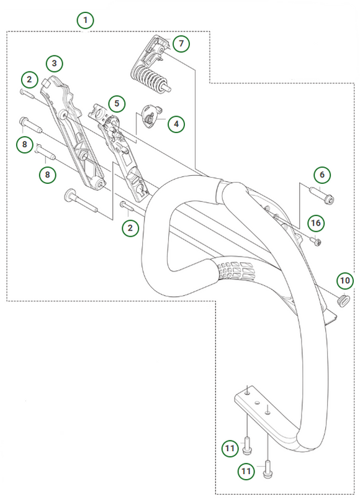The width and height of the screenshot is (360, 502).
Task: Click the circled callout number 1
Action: [86, 20]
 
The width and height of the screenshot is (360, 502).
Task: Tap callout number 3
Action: [55, 63]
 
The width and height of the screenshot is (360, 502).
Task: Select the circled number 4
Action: [176, 124]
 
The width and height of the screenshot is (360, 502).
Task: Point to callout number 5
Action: [116, 103]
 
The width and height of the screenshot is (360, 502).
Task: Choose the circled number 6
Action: [321, 175]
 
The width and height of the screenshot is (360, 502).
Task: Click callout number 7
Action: [181, 43]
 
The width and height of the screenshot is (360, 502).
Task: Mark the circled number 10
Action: [345, 281]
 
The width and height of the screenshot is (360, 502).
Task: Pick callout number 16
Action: [315, 222]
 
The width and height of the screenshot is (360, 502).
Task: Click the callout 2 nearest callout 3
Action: [29, 79]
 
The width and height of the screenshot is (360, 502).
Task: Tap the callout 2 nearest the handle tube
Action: [130, 227]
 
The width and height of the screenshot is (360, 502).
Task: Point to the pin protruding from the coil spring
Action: [168, 87]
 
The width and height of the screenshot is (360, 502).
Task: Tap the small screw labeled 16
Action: [317, 242]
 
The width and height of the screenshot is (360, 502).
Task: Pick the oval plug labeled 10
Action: [341, 299]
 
